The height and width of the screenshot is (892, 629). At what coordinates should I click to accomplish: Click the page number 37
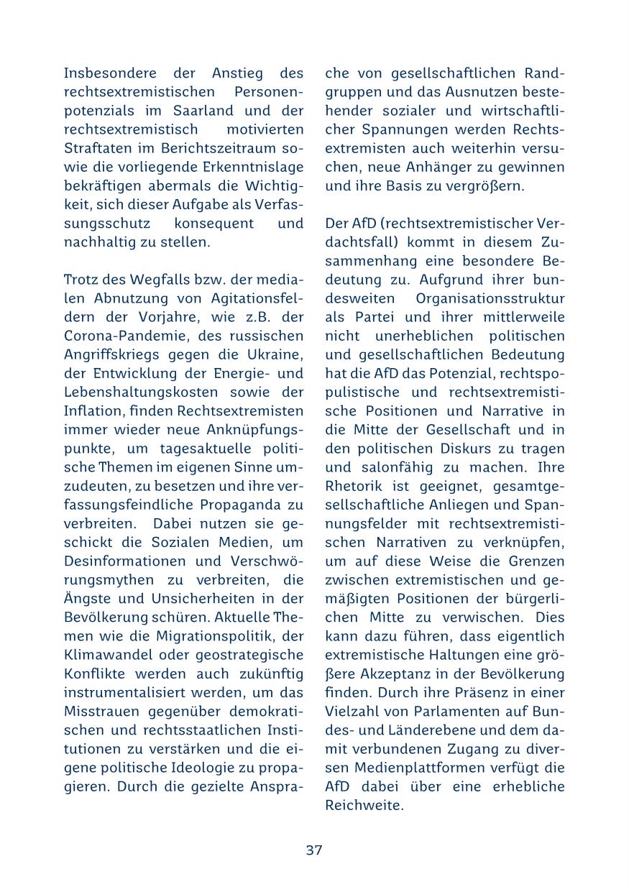[x=314, y=850]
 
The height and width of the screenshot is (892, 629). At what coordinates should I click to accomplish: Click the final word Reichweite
[x=364, y=805]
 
